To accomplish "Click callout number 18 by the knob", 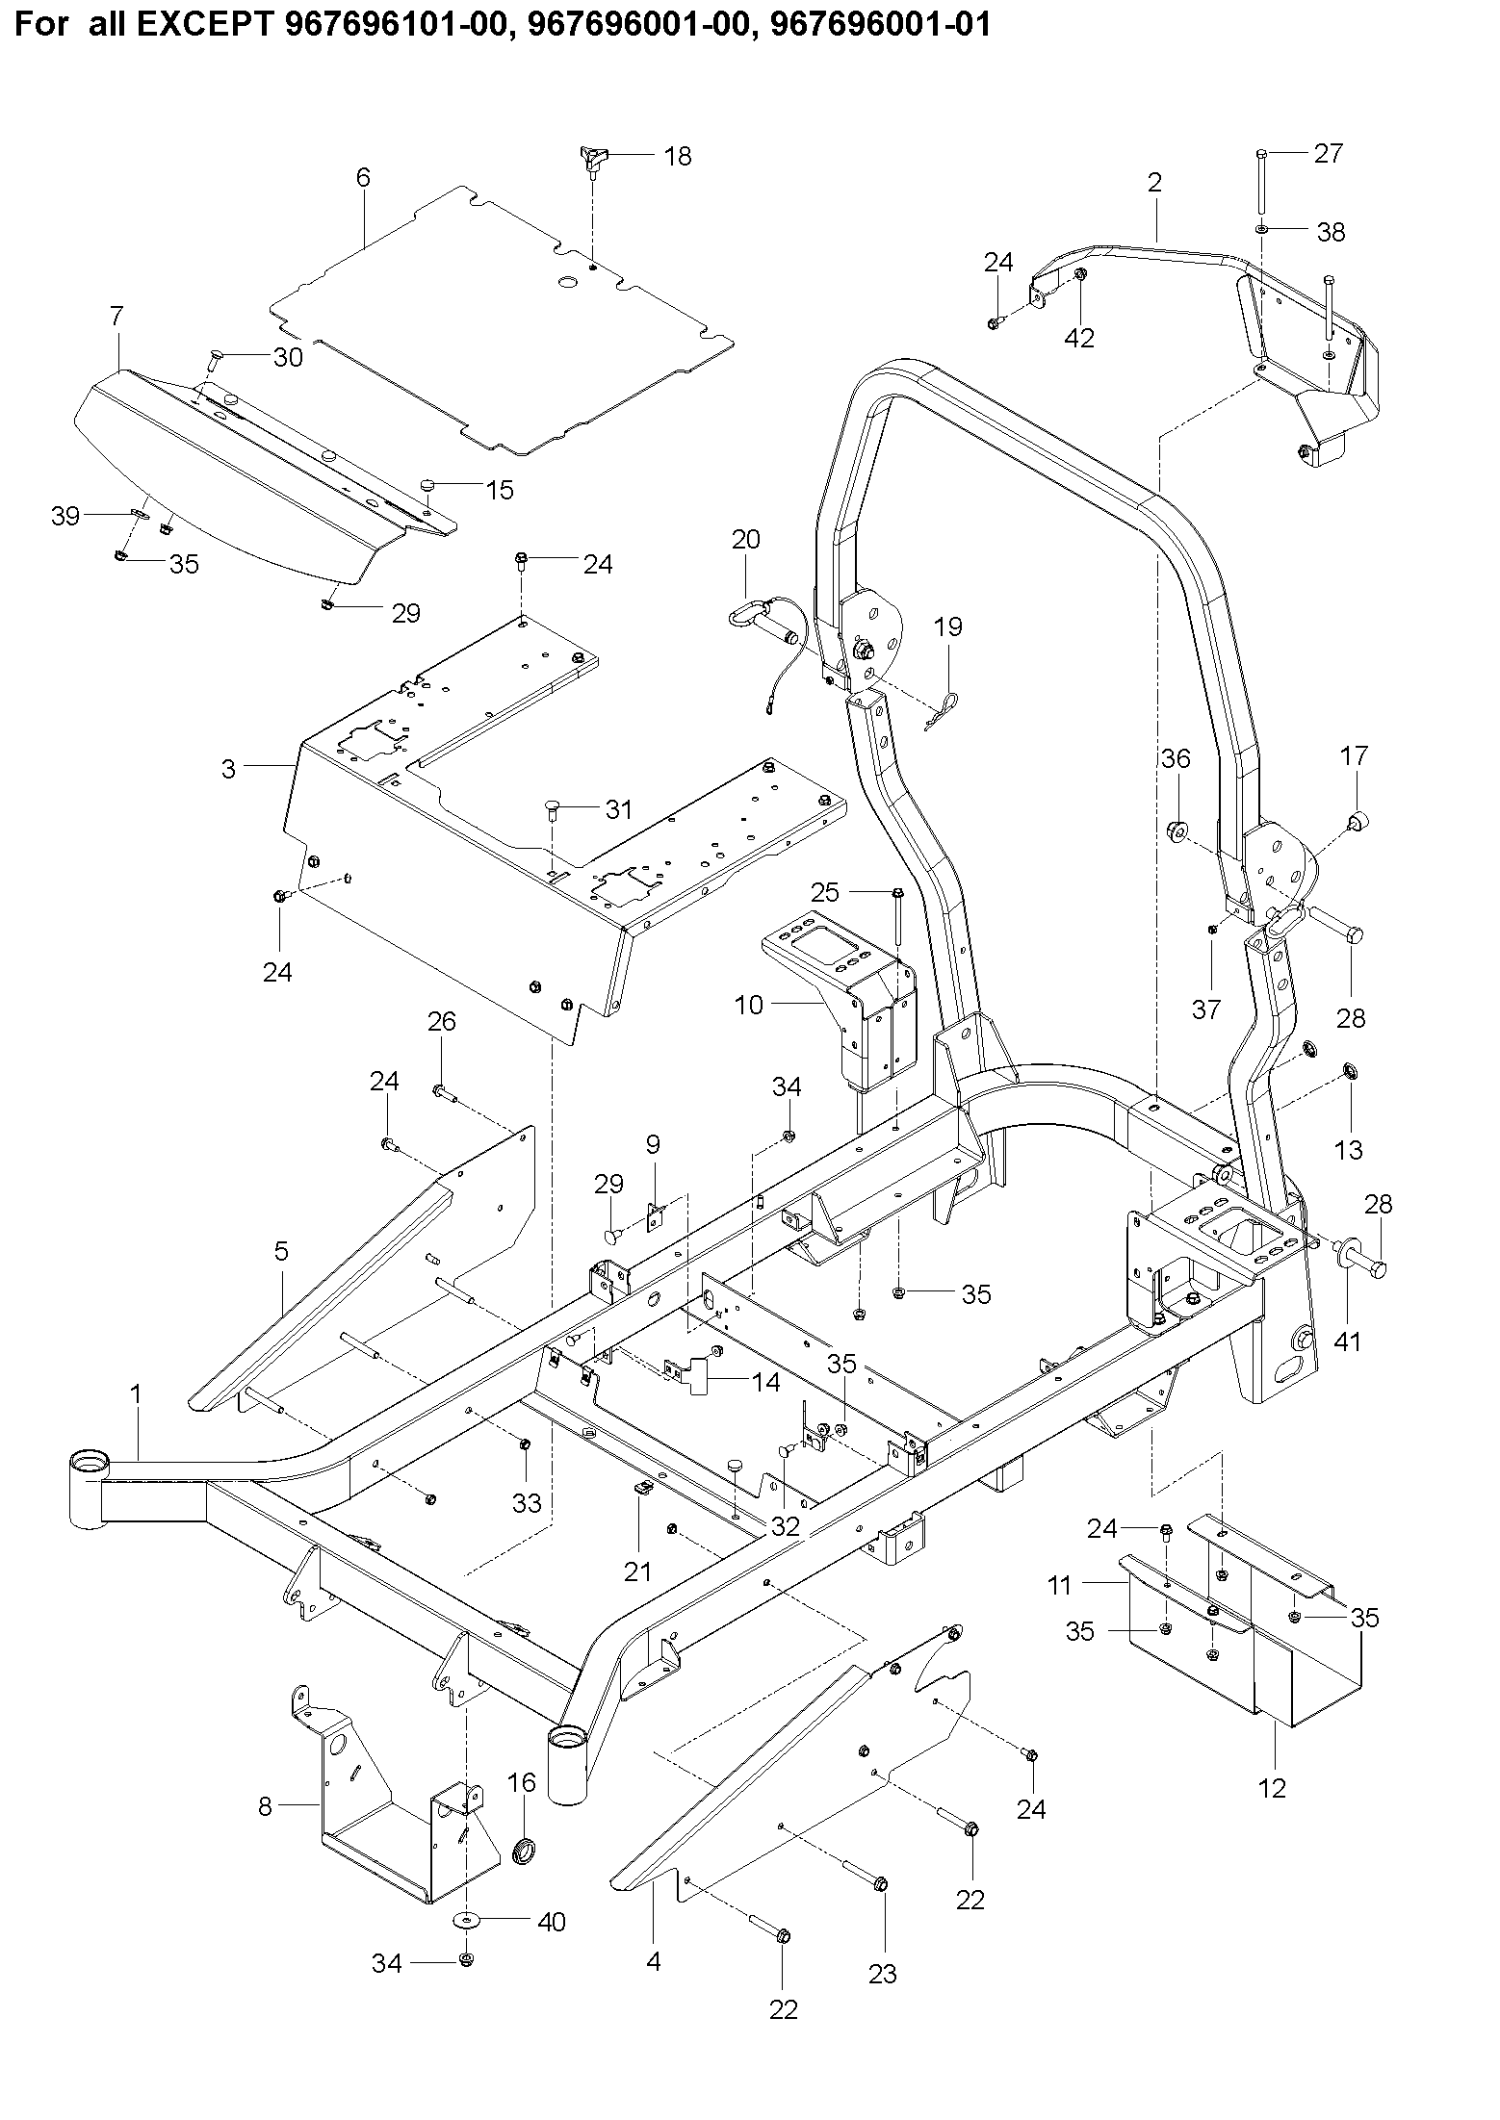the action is [678, 156].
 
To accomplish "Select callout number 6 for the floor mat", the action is [363, 177].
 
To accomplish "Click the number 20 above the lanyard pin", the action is [745, 539].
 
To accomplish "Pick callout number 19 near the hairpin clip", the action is [947, 627].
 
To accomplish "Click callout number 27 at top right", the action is [1328, 153].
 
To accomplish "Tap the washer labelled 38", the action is [1261, 231].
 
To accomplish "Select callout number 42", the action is [1080, 337].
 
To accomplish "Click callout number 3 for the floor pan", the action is [228, 769].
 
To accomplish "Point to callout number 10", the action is [748, 1006].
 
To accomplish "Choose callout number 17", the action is [1354, 756].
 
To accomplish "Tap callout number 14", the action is [766, 1383].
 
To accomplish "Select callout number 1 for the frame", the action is [136, 1393].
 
